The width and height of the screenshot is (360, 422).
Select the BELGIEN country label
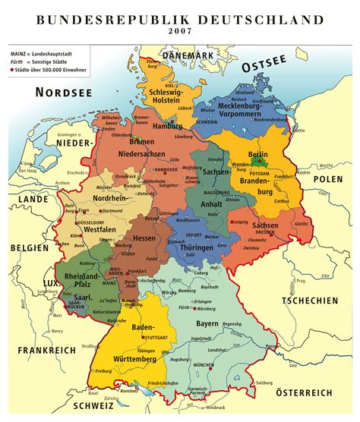pos(27,248)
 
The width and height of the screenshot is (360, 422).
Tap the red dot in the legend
pos(14,70)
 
